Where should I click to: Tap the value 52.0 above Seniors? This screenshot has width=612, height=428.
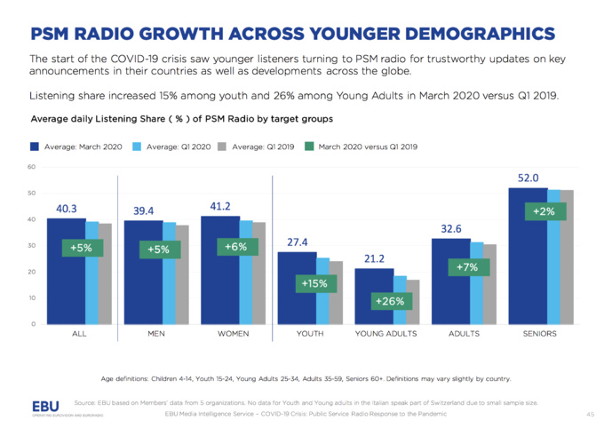pos(529,178)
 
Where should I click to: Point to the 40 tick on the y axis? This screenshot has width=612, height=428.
pos(32,219)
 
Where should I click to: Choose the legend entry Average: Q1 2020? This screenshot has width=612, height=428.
pos(174,147)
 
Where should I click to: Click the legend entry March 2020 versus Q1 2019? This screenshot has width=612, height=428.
pos(362,147)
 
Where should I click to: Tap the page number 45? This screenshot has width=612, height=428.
pos(590,414)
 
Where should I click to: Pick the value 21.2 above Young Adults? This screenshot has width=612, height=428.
pos(374,258)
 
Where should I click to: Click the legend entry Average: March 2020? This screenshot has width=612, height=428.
pos(78,147)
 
